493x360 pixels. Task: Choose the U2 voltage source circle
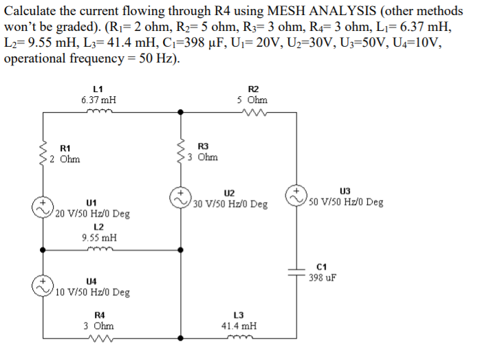(x=182, y=196)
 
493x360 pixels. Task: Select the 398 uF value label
(x=322, y=278)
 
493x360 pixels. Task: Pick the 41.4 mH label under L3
(x=239, y=326)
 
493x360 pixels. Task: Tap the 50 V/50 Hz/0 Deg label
(x=346, y=202)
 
